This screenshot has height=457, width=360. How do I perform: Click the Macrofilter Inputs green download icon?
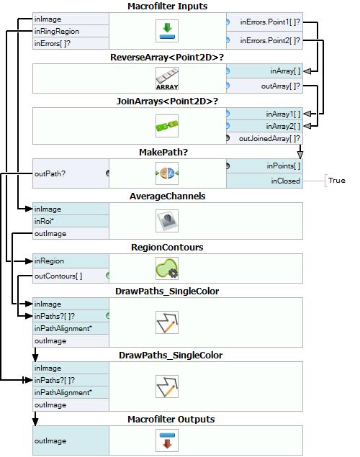[x=167, y=31]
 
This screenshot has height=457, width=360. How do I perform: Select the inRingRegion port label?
[x=57, y=31]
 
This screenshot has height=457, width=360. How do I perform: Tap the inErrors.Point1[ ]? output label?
[x=270, y=22]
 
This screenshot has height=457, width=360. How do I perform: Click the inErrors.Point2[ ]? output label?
[x=270, y=40]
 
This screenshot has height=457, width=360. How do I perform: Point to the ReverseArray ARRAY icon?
[x=167, y=78]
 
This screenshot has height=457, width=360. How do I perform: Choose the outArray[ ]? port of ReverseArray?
[x=280, y=86]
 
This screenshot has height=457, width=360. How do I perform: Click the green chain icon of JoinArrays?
[x=167, y=126]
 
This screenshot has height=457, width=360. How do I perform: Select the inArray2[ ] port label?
[x=283, y=126]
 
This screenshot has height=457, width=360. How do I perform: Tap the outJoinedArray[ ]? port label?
[x=269, y=138]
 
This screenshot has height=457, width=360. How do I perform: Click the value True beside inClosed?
[x=337, y=181]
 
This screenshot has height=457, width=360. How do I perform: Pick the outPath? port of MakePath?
[x=50, y=173]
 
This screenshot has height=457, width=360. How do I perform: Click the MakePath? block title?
[x=163, y=152]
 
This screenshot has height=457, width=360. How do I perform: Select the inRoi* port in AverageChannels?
[x=44, y=221]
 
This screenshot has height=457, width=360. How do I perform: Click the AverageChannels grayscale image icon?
[x=167, y=221]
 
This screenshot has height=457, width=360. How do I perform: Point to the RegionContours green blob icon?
[x=167, y=268]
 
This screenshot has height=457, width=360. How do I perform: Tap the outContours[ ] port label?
[x=58, y=276]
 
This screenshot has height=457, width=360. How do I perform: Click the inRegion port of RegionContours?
[x=49, y=261]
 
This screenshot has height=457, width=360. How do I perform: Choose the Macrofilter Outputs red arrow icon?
[x=167, y=440]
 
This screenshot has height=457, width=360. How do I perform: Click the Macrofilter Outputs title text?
[x=171, y=420]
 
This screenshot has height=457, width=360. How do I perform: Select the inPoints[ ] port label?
[x=284, y=166]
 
